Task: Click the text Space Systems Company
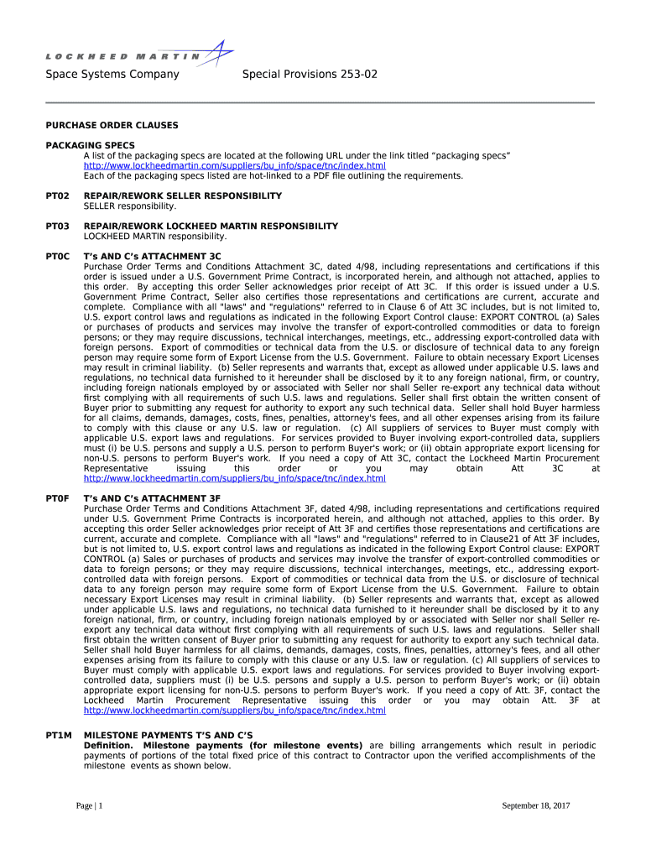(112, 75)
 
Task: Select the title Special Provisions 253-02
(310, 75)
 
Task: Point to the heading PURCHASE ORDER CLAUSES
(112, 125)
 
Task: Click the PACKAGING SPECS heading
(90, 145)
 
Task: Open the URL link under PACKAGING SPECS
(234, 166)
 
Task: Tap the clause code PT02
(57, 195)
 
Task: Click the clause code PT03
(57, 226)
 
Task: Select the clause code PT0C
(57, 257)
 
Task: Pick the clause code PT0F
(57, 498)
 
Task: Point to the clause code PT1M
(58, 736)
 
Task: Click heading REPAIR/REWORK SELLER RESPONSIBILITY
(182, 195)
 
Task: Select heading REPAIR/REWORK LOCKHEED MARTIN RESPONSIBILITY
(211, 226)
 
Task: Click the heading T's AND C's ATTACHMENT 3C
(153, 257)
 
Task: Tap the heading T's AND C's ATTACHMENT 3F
(153, 498)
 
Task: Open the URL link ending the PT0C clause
(234, 479)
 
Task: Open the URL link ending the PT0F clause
(234, 711)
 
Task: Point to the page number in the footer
(89, 806)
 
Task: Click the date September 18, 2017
(535, 806)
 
